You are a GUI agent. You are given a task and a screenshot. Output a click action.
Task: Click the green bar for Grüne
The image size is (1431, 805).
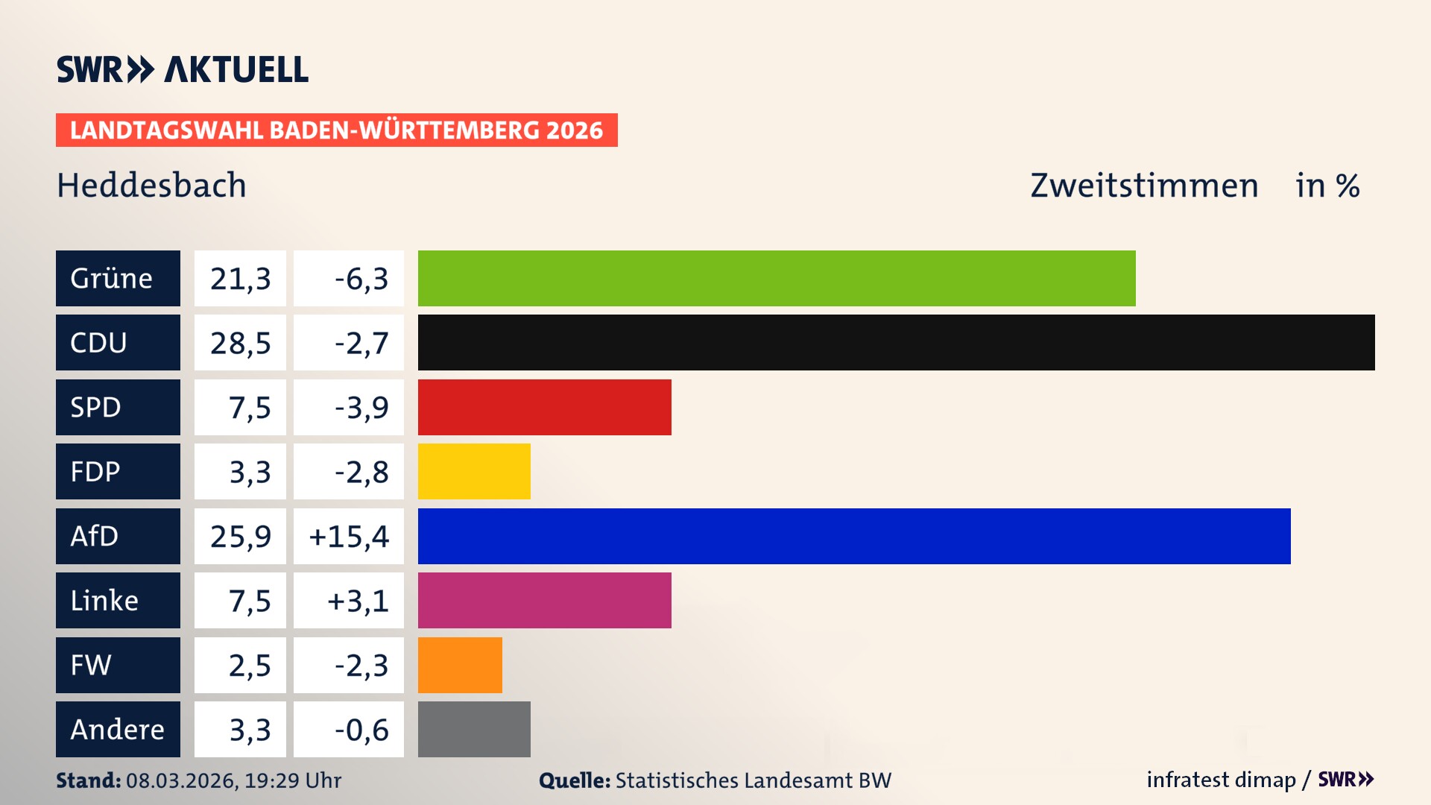click(x=777, y=278)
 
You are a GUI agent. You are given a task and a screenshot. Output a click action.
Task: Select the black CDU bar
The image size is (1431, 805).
click(x=896, y=343)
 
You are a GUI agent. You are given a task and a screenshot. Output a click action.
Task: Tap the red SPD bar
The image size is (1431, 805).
click(x=544, y=407)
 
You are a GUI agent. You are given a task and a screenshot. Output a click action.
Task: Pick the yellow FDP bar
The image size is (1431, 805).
click(x=474, y=472)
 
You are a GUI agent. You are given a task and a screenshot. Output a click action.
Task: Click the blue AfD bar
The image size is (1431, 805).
click(x=854, y=536)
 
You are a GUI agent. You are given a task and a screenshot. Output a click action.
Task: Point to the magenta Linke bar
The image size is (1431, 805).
click(x=544, y=601)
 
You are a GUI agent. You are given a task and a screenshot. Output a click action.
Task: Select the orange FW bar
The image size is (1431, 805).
click(x=460, y=665)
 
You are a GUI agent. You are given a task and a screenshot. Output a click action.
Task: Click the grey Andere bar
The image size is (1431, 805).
click(x=474, y=729)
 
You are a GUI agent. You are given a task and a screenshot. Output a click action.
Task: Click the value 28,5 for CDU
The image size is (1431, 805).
click(x=240, y=343)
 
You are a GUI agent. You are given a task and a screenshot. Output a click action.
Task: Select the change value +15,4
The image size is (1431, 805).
click(x=349, y=536)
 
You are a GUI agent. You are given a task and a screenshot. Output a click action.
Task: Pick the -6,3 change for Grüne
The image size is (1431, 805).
click(x=361, y=278)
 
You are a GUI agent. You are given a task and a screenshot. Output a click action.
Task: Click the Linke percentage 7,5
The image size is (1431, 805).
click(x=249, y=601)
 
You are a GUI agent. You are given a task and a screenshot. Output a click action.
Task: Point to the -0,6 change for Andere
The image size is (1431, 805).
click(x=361, y=729)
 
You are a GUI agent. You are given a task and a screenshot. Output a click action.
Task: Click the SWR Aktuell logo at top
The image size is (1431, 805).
click(x=182, y=69)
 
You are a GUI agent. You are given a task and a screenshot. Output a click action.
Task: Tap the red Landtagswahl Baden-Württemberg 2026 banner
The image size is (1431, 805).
click(x=336, y=130)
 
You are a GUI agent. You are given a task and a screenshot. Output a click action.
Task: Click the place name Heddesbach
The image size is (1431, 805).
click(x=151, y=185)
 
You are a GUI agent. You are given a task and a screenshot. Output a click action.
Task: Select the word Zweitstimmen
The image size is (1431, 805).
click(x=1144, y=185)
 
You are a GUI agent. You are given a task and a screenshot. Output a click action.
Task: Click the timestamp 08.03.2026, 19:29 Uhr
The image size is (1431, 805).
click(x=233, y=780)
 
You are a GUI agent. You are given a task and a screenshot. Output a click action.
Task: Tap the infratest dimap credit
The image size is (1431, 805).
click(x=1221, y=780)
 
